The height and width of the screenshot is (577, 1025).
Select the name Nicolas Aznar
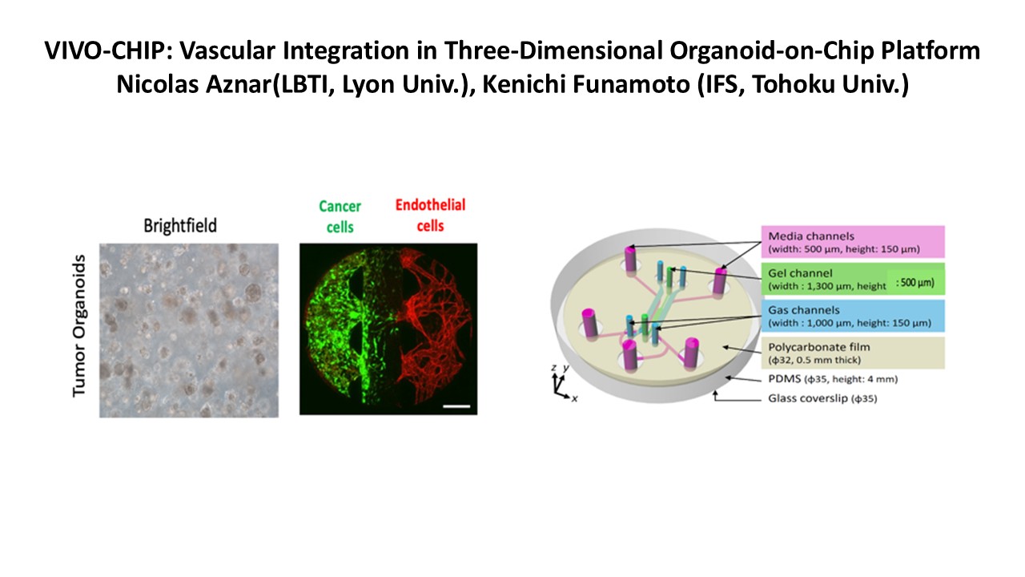(x=194, y=85)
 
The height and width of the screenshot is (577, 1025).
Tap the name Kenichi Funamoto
(x=586, y=85)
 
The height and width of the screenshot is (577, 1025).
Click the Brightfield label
(x=180, y=226)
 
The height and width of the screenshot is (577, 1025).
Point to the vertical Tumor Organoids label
(x=78, y=325)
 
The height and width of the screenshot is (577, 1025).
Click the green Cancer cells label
(x=340, y=216)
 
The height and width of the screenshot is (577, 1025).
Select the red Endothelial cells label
(x=430, y=216)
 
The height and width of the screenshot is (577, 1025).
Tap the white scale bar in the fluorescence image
(x=456, y=406)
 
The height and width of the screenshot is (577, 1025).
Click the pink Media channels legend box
(x=853, y=242)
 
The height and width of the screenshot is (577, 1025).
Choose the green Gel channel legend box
(x=853, y=279)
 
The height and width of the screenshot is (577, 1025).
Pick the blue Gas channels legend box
(x=853, y=316)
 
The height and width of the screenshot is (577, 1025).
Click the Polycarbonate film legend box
(x=853, y=353)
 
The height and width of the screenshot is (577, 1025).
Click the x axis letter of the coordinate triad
(x=574, y=399)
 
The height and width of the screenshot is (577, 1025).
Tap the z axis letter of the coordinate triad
(x=553, y=368)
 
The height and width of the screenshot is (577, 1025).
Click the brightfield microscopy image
(x=189, y=330)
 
